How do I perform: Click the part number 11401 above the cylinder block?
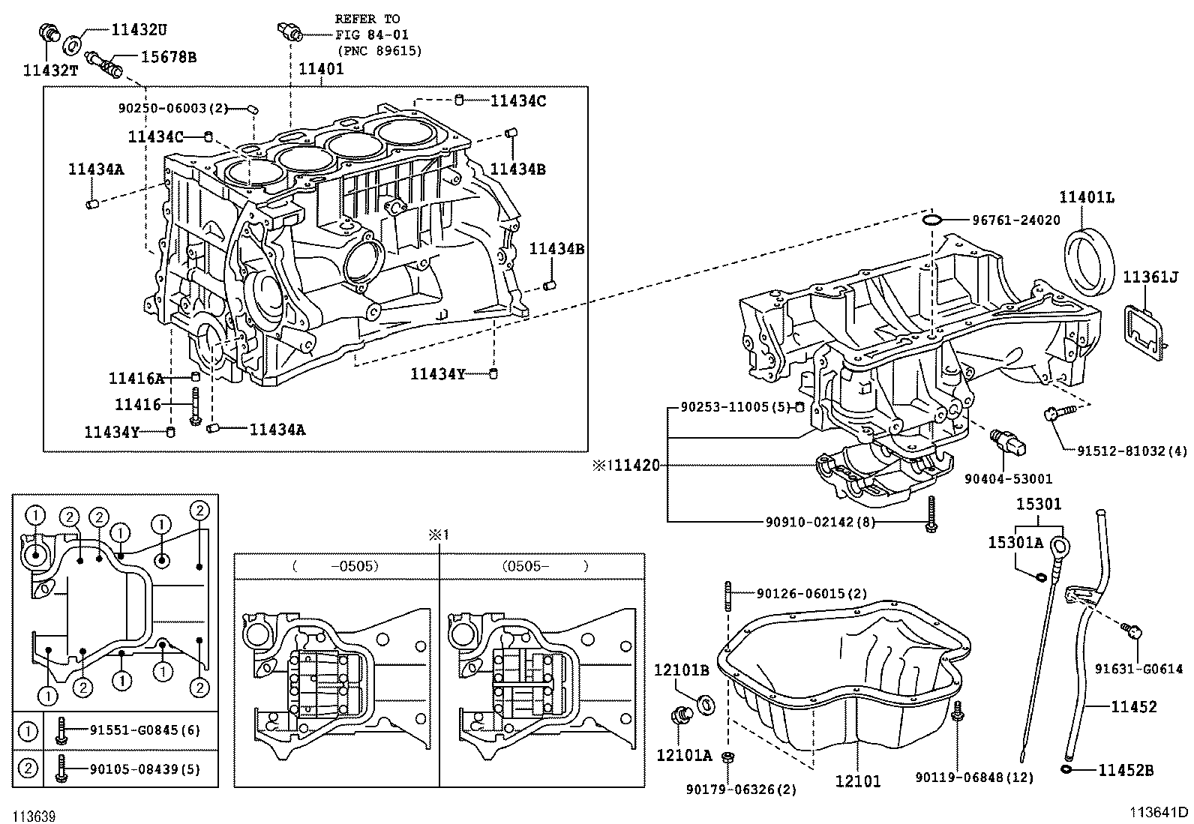(321, 69)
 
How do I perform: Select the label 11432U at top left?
(139, 30)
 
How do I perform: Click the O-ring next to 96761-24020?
(932, 220)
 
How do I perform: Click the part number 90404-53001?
(1008, 478)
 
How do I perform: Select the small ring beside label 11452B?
(1066, 769)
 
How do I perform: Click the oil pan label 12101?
(858, 781)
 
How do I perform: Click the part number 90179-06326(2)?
(742, 789)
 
